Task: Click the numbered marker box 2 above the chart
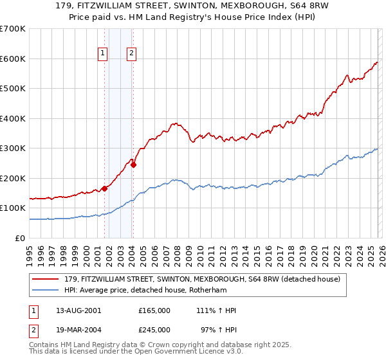[131, 54]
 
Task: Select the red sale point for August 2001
[104, 189]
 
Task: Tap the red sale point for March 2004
[134, 165]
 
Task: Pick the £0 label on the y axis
[21, 238]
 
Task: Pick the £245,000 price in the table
[154, 329]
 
